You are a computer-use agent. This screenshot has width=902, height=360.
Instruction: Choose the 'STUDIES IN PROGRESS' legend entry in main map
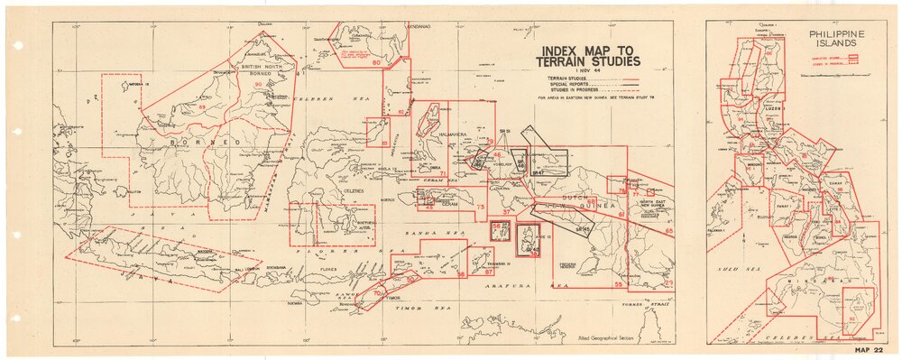pos(575,94)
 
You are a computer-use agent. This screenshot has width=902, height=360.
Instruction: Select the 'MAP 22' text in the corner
pos(867,349)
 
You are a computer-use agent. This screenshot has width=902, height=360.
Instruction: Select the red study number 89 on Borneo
pos(202,108)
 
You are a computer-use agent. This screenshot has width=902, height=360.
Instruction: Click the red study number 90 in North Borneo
pos(258,85)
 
